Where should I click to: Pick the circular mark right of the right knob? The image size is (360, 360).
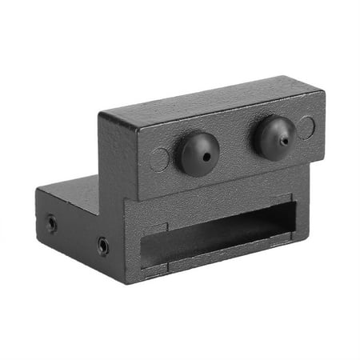[306, 126]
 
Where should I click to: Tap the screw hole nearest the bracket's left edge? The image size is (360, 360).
[51, 223]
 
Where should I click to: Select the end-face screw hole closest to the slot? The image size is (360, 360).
[103, 246]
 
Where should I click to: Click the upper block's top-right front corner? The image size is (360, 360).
[323, 94]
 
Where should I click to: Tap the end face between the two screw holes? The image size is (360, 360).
[77, 234]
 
